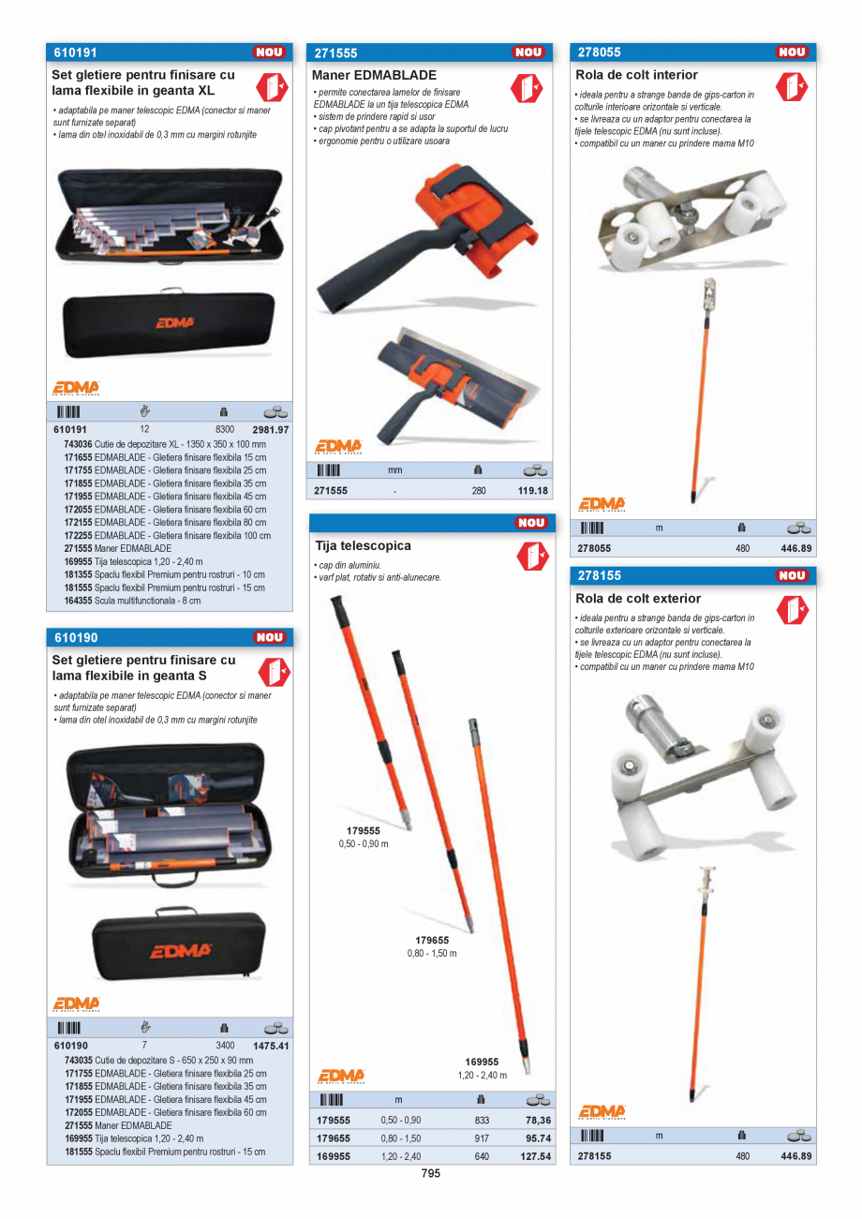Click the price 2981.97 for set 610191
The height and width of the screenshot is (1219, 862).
click(x=271, y=428)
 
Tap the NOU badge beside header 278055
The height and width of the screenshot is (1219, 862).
click(x=793, y=52)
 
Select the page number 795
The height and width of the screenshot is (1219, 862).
click(x=430, y=1173)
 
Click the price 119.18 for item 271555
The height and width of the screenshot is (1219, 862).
click(x=533, y=490)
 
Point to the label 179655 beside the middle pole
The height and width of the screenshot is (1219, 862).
click(x=432, y=940)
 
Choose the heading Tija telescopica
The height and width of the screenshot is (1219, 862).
click(x=363, y=545)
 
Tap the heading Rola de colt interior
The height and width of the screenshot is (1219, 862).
click(x=636, y=75)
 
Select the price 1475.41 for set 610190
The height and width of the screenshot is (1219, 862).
click(x=271, y=1046)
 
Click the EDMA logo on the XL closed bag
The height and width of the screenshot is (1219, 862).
click(x=174, y=321)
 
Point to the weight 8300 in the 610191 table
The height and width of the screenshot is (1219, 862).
click(x=225, y=428)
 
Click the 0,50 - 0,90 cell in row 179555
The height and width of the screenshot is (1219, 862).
click(x=401, y=1120)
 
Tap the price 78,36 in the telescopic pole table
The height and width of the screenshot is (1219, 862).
click(x=538, y=1120)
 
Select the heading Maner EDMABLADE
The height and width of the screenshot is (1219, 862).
click(x=375, y=75)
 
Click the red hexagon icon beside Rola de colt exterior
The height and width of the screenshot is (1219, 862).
click(x=792, y=611)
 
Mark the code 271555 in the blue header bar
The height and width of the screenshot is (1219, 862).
click(x=335, y=53)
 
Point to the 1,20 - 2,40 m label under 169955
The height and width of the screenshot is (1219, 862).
click(x=483, y=1075)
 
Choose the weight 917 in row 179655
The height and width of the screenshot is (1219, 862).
click(x=482, y=1138)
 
